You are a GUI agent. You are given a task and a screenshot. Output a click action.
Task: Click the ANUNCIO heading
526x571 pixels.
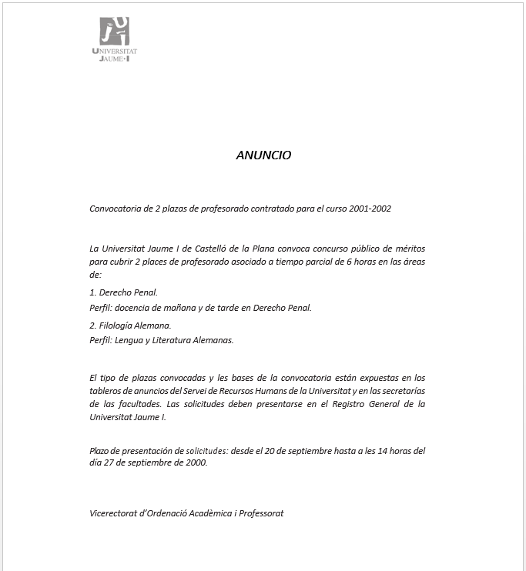263,155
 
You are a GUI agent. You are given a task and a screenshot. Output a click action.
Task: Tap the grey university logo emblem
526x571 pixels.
114,31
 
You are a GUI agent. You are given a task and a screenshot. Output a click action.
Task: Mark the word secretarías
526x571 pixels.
402,391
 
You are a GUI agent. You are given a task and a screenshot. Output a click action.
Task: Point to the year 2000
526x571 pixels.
196,463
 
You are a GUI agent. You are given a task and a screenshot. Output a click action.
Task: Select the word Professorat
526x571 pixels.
259,513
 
